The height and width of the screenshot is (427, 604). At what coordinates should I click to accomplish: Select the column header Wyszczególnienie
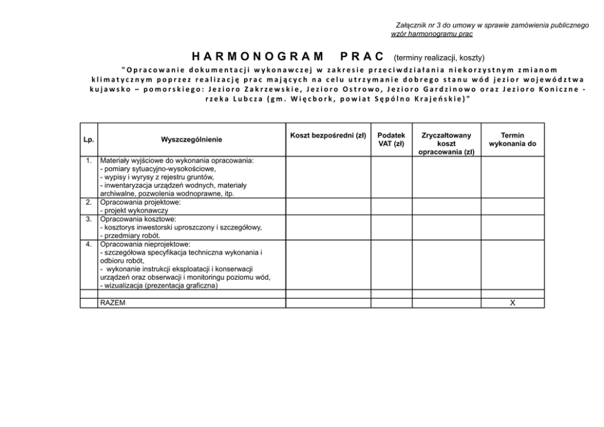click(191, 139)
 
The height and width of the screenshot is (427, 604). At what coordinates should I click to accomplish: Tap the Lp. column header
click(89, 139)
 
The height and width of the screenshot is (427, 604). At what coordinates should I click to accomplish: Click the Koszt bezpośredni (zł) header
click(328, 135)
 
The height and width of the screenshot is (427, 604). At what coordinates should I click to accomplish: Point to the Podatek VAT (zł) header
click(391, 139)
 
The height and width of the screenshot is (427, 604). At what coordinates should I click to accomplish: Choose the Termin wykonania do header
click(512, 139)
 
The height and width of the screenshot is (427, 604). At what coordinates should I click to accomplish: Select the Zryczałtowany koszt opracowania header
click(446, 143)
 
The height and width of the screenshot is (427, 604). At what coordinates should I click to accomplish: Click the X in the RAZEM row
click(512, 303)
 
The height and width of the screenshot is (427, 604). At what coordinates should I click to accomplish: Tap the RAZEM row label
click(113, 303)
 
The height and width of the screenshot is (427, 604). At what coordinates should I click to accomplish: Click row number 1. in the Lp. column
click(89, 161)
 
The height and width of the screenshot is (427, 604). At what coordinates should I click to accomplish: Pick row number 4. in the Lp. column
click(89, 244)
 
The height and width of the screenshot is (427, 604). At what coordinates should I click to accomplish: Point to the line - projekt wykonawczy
click(134, 210)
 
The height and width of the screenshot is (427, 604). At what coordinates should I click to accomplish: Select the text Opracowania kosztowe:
click(138, 219)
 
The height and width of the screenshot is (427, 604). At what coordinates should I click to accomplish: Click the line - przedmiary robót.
click(130, 235)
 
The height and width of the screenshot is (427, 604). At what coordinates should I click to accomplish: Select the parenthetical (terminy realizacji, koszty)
click(439, 58)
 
